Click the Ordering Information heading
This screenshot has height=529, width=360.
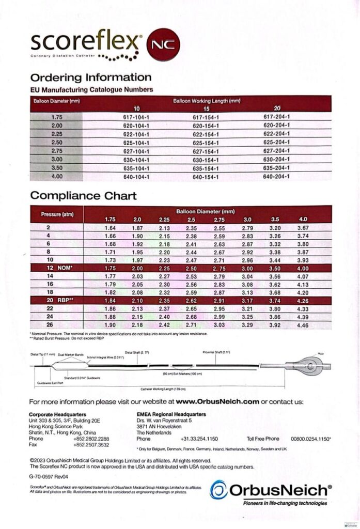pos(91,78)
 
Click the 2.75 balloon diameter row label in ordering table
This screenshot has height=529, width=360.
pos(57,151)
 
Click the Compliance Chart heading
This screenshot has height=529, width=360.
pos(84,196)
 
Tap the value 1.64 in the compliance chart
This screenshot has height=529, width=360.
pos(110,228)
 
